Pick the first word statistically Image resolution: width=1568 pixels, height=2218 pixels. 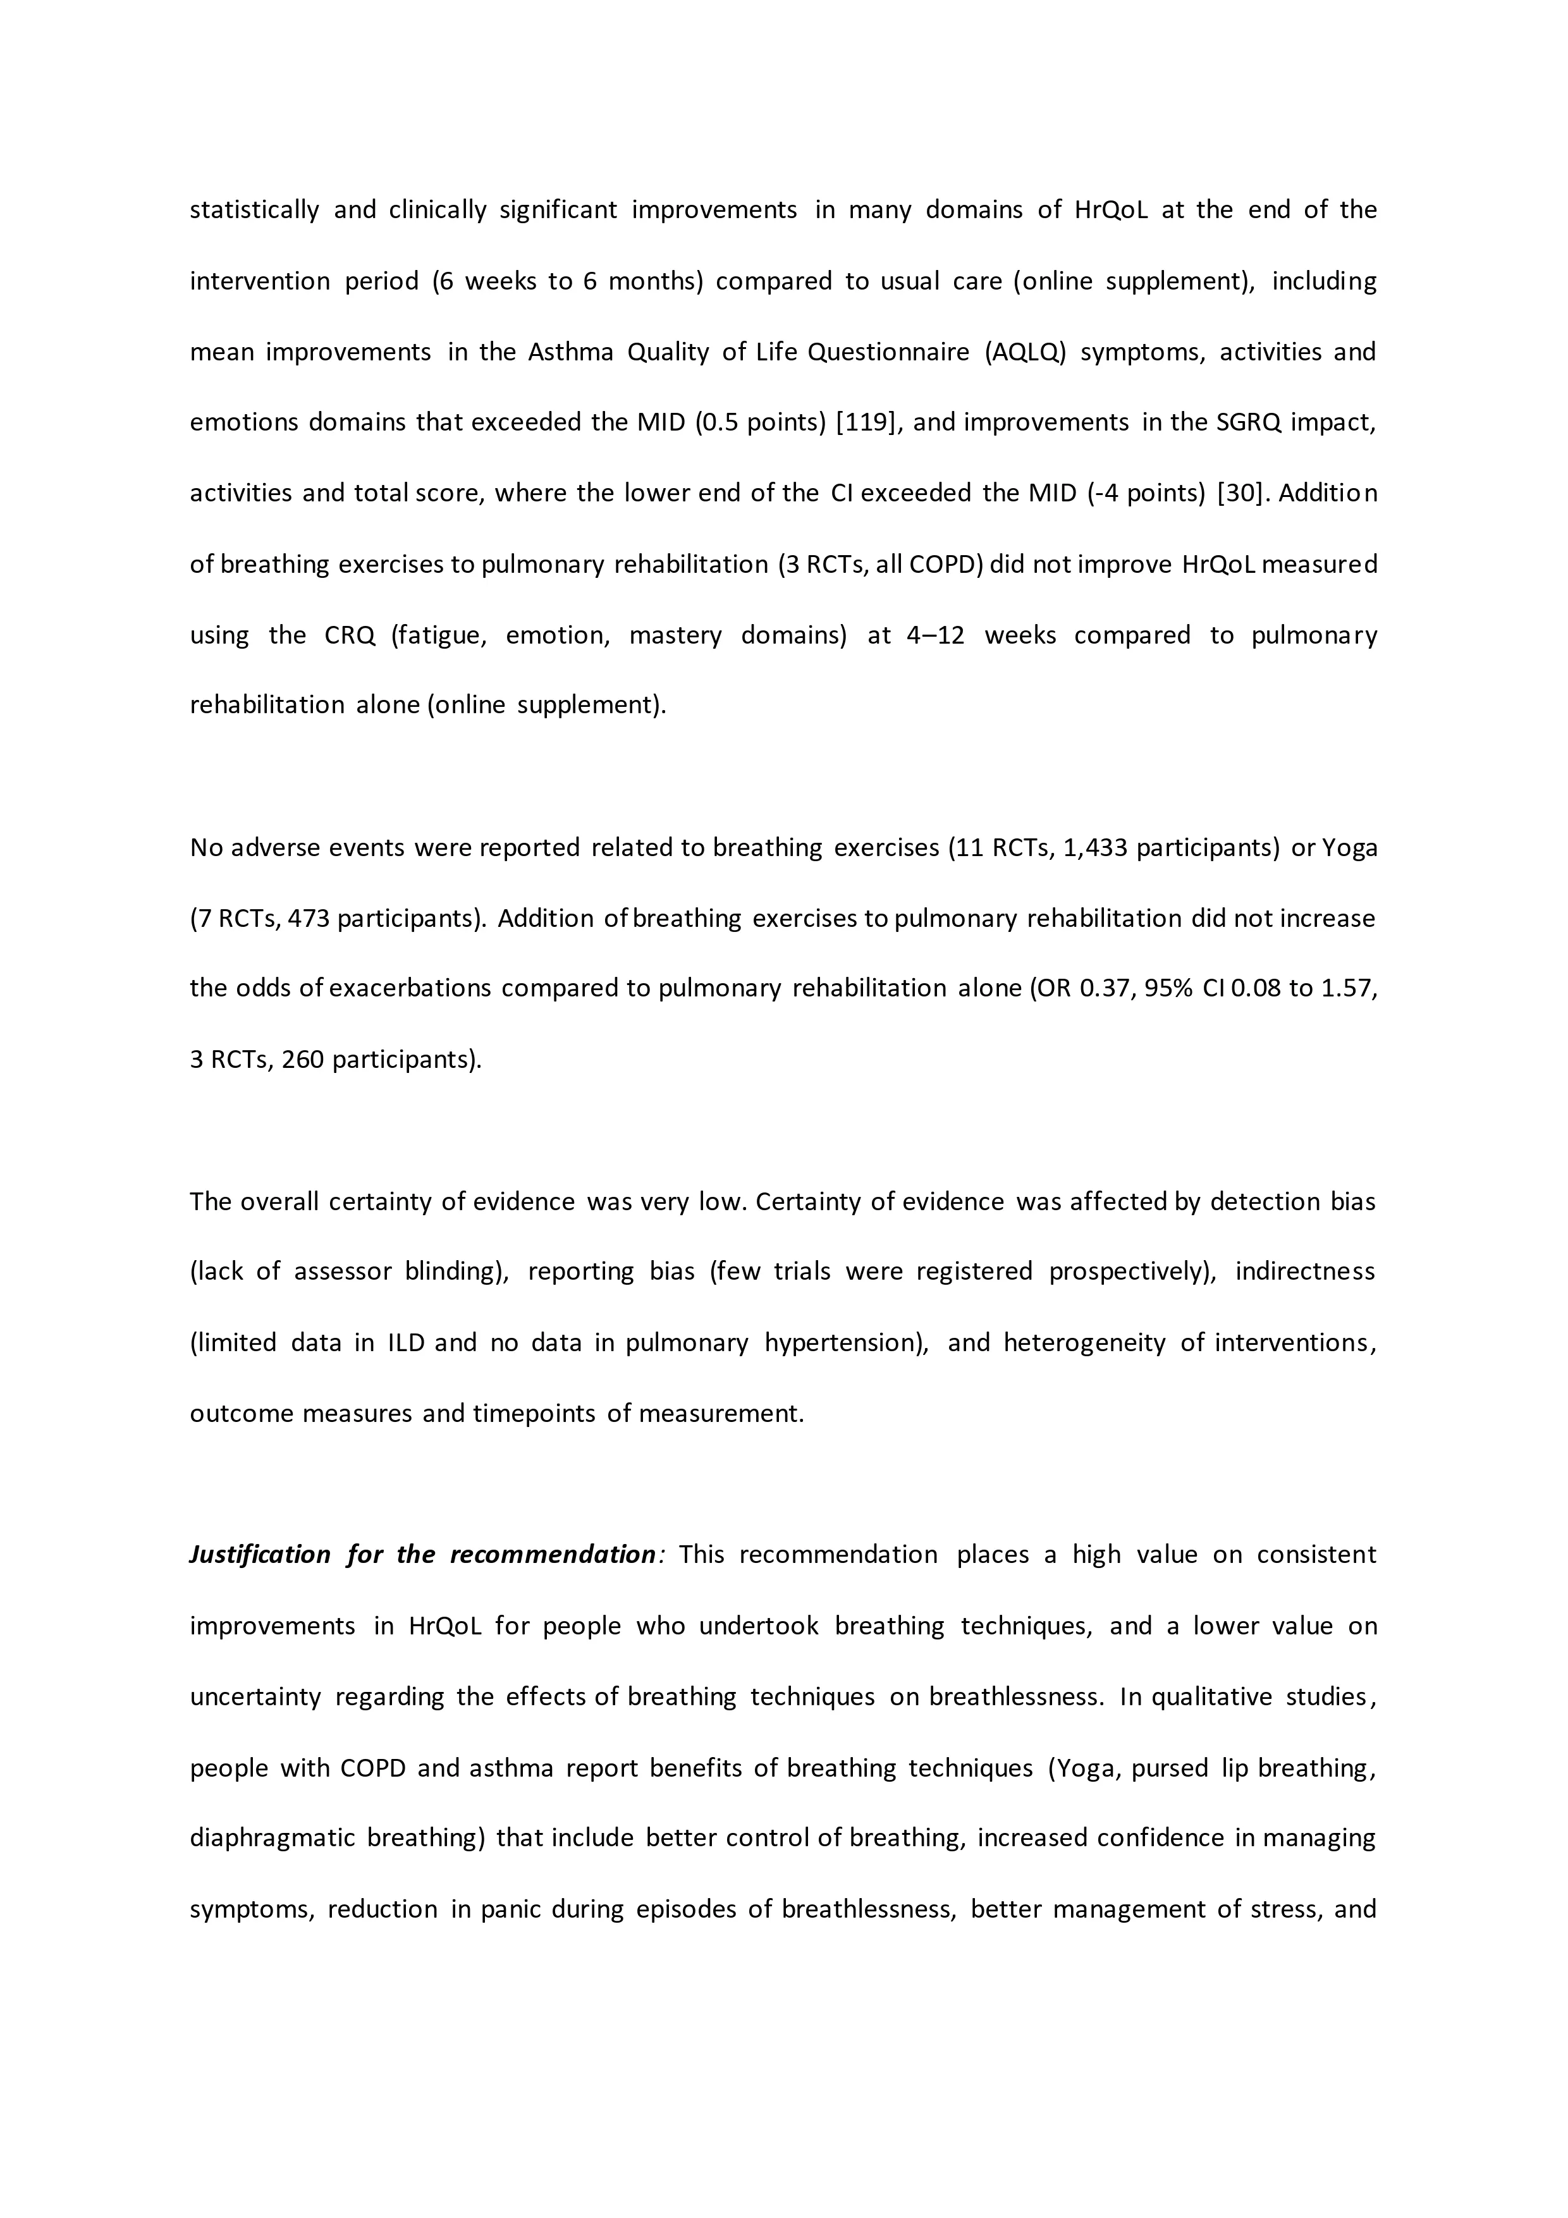point(254,210)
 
